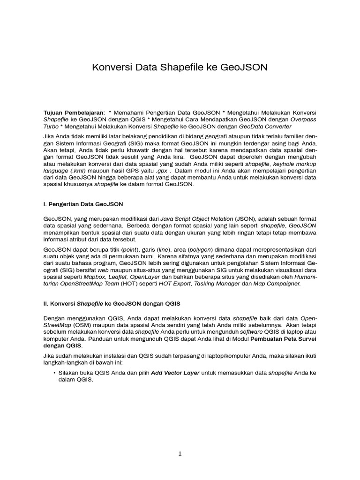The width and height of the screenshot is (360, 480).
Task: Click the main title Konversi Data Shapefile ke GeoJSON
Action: [x=180, y=67]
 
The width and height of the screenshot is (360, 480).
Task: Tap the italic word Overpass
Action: [x=304, y=120]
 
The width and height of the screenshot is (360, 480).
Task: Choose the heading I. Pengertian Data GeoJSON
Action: [x=83, y=205]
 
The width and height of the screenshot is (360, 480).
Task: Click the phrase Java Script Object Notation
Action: [x=196, y=219]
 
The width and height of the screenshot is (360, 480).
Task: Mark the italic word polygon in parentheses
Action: [x=200, y=250]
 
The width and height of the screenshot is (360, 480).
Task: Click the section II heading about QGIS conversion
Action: [x=112, y=304]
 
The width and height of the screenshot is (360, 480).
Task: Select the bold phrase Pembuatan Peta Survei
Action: [x=283, y=338]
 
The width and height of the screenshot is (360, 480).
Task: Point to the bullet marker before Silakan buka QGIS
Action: [x=54, y=373]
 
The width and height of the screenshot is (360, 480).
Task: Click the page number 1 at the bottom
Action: [x=180, y=454]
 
